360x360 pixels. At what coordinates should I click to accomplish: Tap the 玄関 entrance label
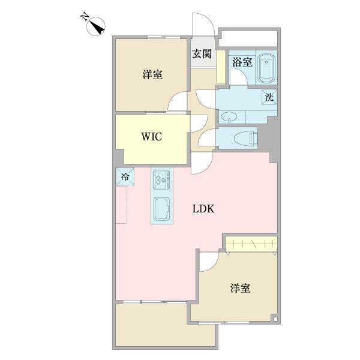(x=202, y=54)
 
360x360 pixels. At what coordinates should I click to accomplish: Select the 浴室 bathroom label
(x=243, y=61)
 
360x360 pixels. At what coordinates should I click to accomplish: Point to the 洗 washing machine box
(x=269, y=97)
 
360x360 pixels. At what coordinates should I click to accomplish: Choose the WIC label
(x=151, y=136)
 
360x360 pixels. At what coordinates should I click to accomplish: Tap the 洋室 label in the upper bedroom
(x=153, y=74)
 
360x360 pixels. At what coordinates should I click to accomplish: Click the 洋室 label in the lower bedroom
(x=240, y=289)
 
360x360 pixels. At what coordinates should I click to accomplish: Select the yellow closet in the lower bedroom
(x=251, y=244)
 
